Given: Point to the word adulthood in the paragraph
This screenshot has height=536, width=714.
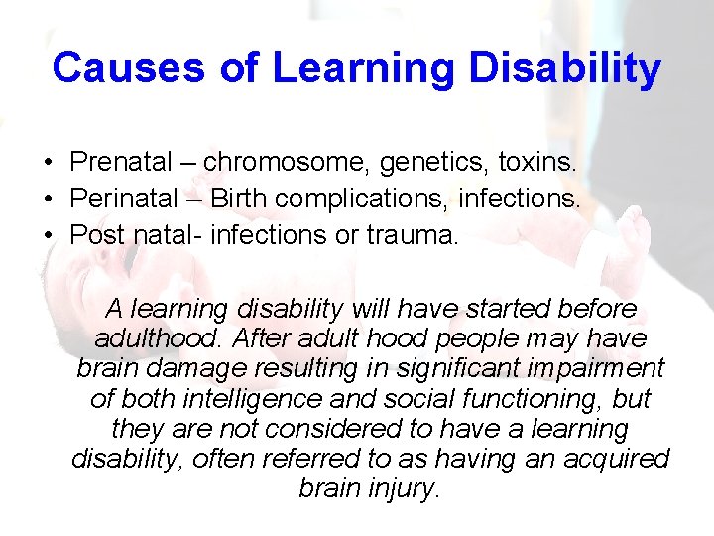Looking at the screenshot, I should [x=159, y=337].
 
